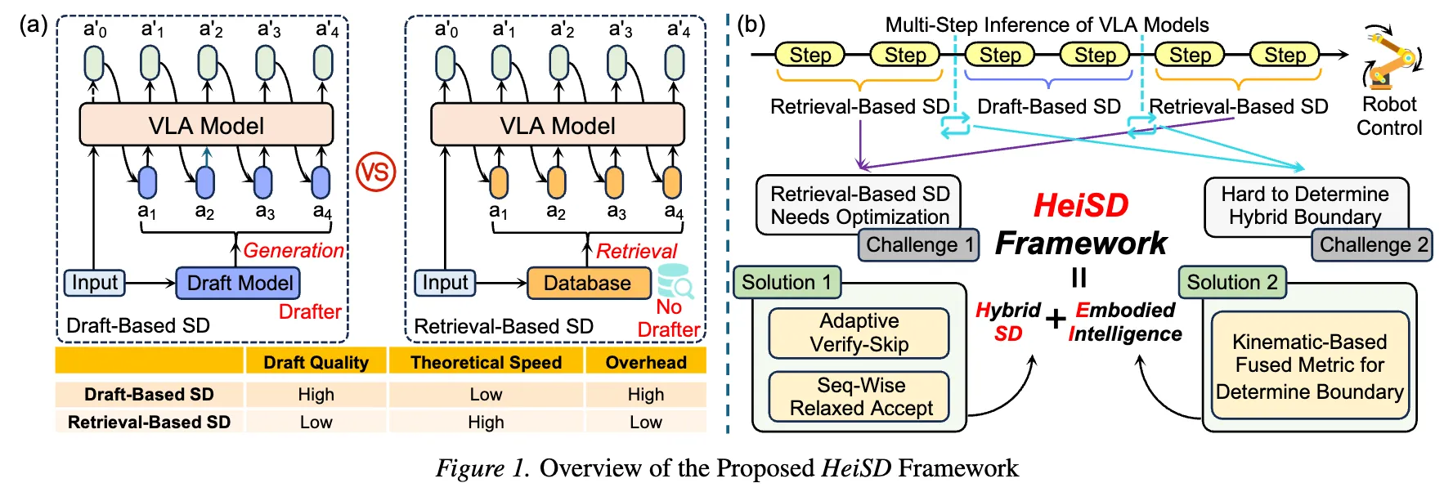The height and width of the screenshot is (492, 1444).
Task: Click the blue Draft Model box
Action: pyautogui.click(x=238, y=284)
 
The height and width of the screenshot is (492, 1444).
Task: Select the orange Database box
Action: pyautogui.click(x=588, y=284)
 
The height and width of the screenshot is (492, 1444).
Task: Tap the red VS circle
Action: pyautogui.click(x=376, y=172)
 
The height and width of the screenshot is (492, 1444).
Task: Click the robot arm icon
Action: pyautogui.click(x=1391, y=57)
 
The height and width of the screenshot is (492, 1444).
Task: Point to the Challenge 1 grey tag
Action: pyautogui.click(x=919, y=245)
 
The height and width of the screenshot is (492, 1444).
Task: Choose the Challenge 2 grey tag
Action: pyautogui.click(x=1372, y=245)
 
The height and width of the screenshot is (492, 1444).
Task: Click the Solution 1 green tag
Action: pyautogui.click(x=787, y=283)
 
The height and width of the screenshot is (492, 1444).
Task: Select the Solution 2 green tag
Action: pyautogui.click(x=1232, y=283)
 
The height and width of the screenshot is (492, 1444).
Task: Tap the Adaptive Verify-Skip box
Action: pyautogui.click(x=859, y=333)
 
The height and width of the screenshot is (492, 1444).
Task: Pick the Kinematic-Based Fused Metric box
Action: pyautogui.click(x=1309, y=365)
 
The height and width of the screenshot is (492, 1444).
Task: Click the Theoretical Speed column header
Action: pyautogui.click(x=486, y=362)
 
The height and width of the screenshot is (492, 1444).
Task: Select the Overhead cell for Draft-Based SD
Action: pyautogui.click(x=645, y=394)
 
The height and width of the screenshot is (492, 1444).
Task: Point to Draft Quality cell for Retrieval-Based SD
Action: pyautogui.click(x=316, y=423)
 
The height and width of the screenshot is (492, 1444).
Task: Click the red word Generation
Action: pyautogui.click(x=294, y=251)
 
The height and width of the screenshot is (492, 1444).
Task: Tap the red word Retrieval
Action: pyautogui.click(x=636, y=251)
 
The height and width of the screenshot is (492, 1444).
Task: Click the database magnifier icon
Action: pyautogui.click(x=676, y=282)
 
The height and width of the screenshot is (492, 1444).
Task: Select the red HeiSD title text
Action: pyautogui.click(x=1081, y=205)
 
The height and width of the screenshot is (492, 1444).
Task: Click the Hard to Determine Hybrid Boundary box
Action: pyautogui.click(x=1305, y=206)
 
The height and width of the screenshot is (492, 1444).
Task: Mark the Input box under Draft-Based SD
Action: pyautogui.click(x=95, y=283)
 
